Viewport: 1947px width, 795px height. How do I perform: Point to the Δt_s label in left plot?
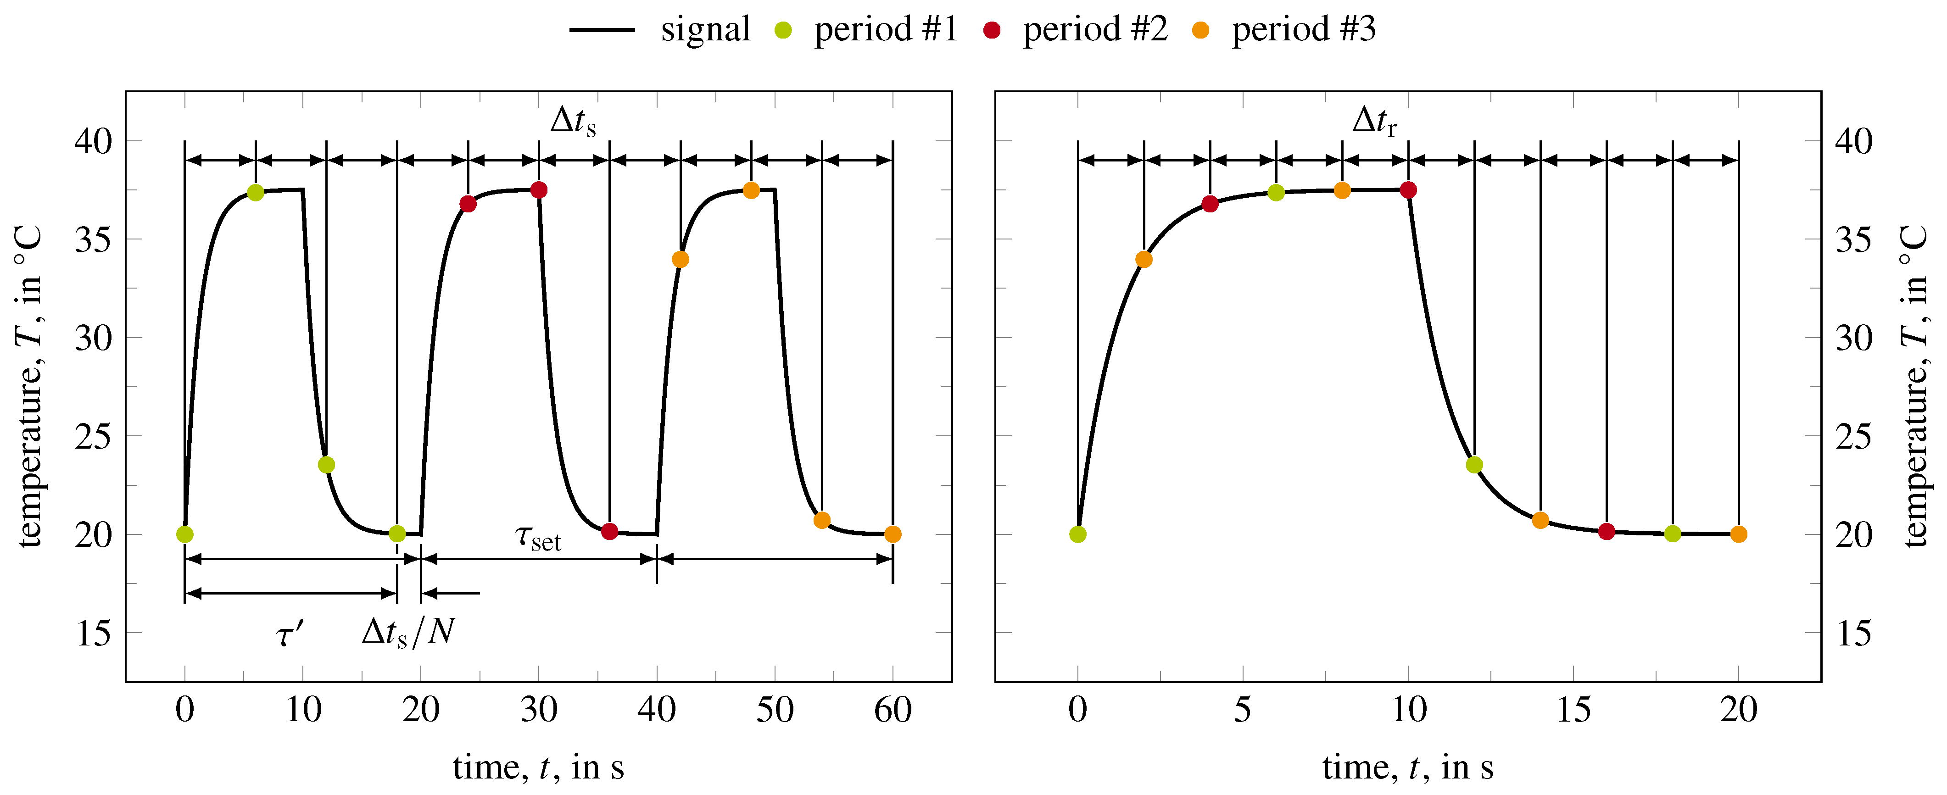pyautogui.click(x=573, y=121)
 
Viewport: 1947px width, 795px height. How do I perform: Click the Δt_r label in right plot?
pyautogui.click(x=1374, y=121)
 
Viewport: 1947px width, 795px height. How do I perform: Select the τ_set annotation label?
pyautogui.click(x=538, y=538)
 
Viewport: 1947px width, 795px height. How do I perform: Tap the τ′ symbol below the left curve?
pyautogui.click(x=290, y=633)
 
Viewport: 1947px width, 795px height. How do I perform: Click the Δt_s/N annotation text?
pyautogui.click(x=408, y=632)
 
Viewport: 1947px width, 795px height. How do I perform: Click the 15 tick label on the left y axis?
pyautogui.click(x=94, y=633)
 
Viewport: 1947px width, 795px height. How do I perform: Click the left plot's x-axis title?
pyautogui.click(x=538, y=768)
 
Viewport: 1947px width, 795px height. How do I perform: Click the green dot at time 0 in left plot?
pyautogui.click(x=184, y=534)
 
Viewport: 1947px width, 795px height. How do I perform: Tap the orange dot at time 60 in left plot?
pyautogui.click(x=893, y=534)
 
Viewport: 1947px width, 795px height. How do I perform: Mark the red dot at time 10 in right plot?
pyautogui.click(x=1408, y=189)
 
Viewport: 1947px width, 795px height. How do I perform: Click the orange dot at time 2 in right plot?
pyautogui.click(x=1144, y=259)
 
